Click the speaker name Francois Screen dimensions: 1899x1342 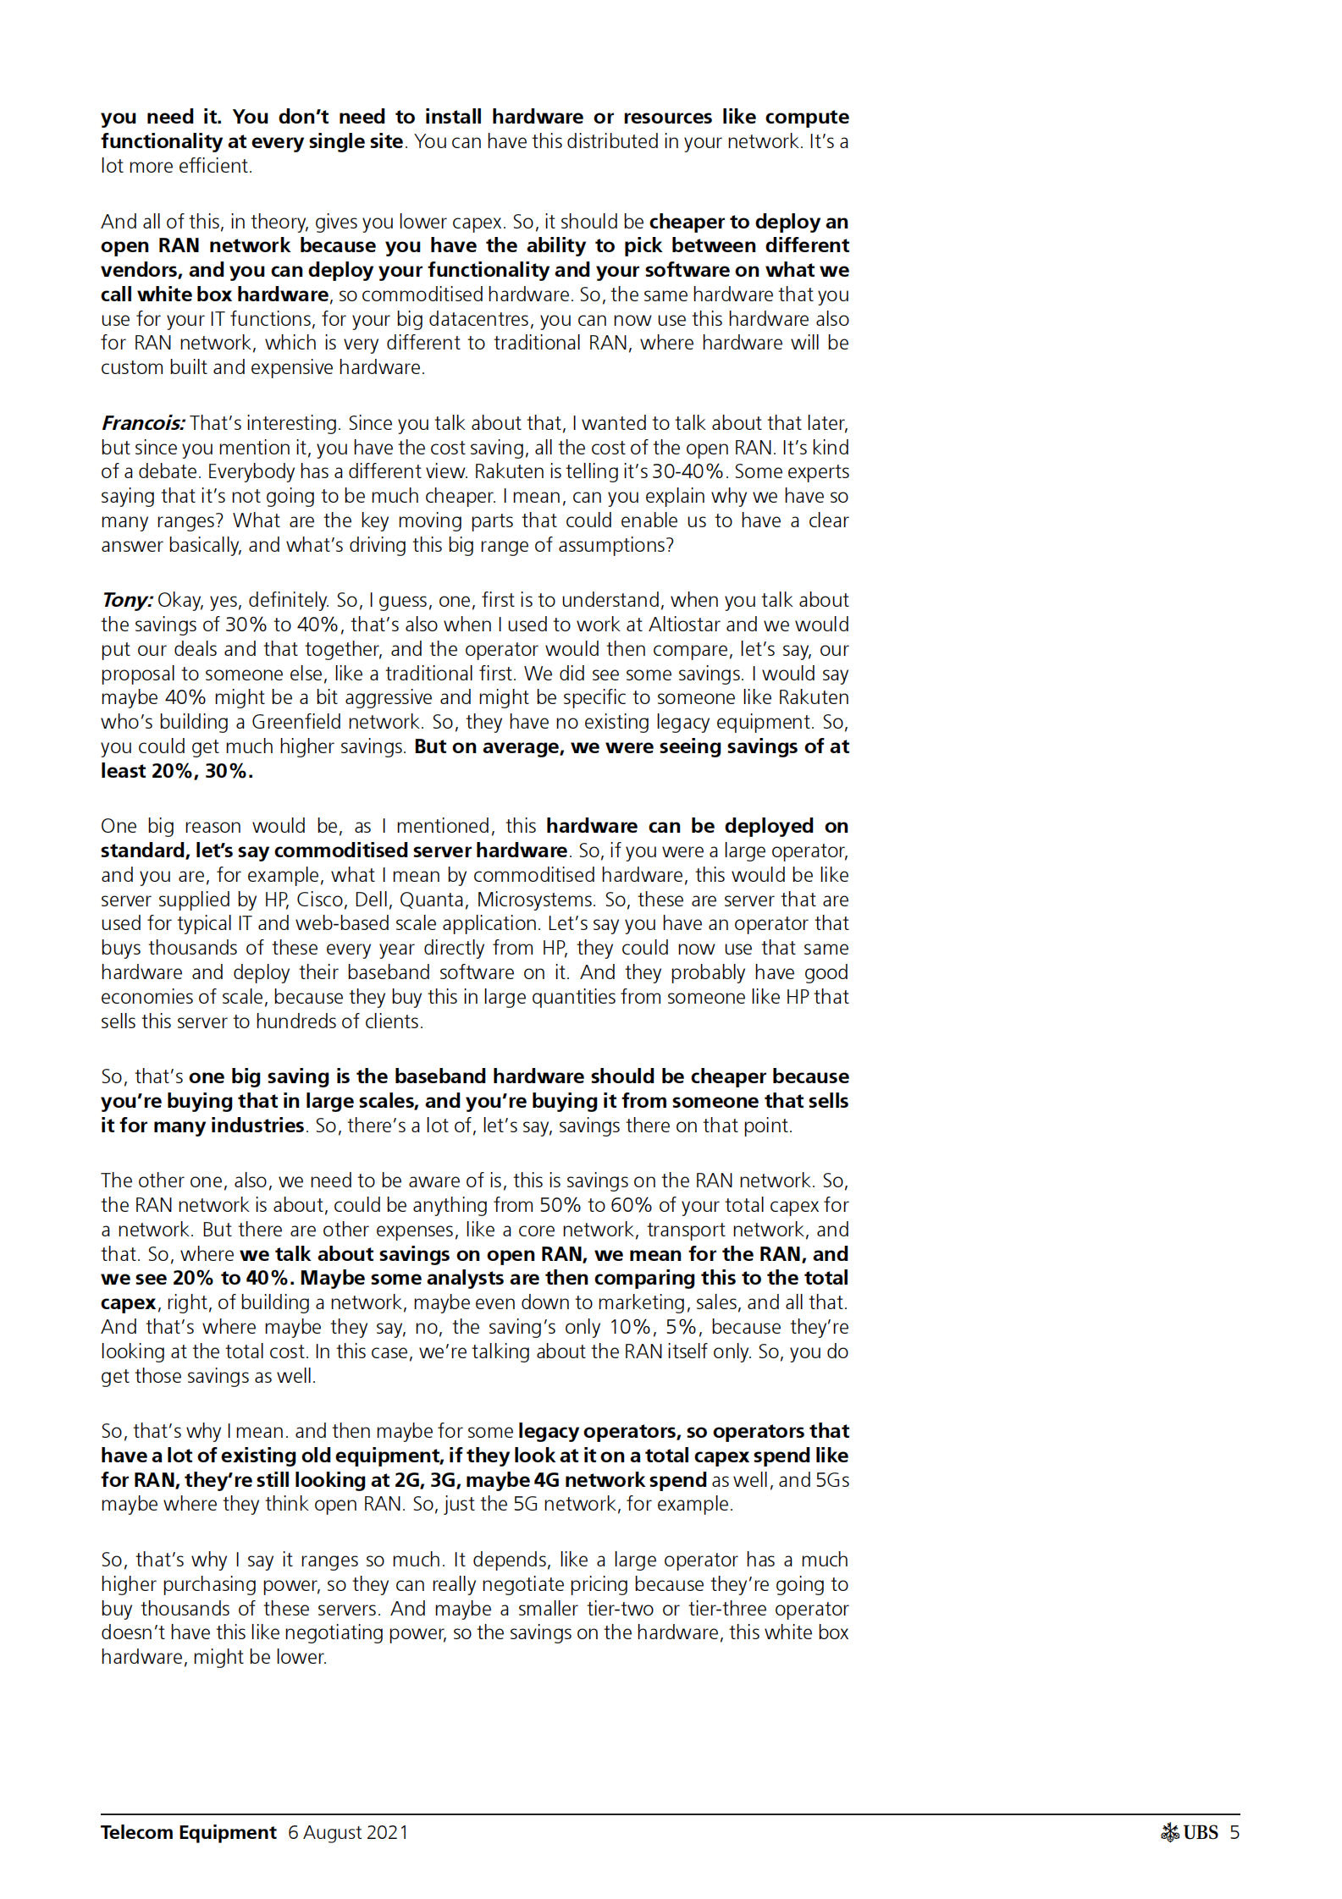pyautogui.click(x=142, y=423)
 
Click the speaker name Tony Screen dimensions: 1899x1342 pyautogui.click(x=126, y=600)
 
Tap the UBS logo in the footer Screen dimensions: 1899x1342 pyautogui.click(x=1190, y=1832)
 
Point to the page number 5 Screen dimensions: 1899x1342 pyautogui.click(x=1234, y=1832)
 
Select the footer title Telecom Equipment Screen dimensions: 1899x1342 pyautogui.click(x=188, y=1832)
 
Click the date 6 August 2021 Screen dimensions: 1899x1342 pyautogui.click(x=348, y=1832)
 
